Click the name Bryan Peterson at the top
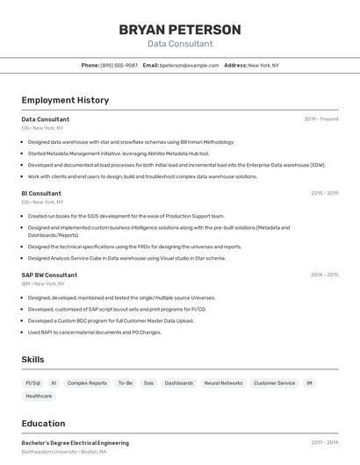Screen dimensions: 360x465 click(179, 30)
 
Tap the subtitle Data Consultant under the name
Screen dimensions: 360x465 click(179, 44)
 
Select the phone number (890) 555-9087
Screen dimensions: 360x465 click(119, 65)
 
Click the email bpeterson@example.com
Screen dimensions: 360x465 click(189, 65)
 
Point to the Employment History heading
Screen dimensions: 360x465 click(65, 100)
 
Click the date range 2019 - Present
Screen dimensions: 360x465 click(321, 119)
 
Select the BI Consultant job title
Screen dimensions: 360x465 click(41, 193)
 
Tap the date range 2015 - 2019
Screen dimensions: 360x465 click(324, 193)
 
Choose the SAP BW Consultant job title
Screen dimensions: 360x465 click(49, 275)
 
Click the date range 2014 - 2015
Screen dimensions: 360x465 click(324, 275)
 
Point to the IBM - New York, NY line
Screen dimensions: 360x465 click(43, 283)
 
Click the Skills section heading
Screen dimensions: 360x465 click(33, 360)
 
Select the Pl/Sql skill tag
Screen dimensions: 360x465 click(32, 383)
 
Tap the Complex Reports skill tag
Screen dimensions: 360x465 click(87, 383)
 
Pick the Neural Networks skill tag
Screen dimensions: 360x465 click(223, 383)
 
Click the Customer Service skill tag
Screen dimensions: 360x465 click(274, 383)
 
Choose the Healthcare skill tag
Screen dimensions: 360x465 click(39, 397)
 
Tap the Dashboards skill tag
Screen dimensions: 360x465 click(179, 383)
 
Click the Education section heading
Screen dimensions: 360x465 click(44, 423)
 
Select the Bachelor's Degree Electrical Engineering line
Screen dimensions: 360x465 click(76, 443)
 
